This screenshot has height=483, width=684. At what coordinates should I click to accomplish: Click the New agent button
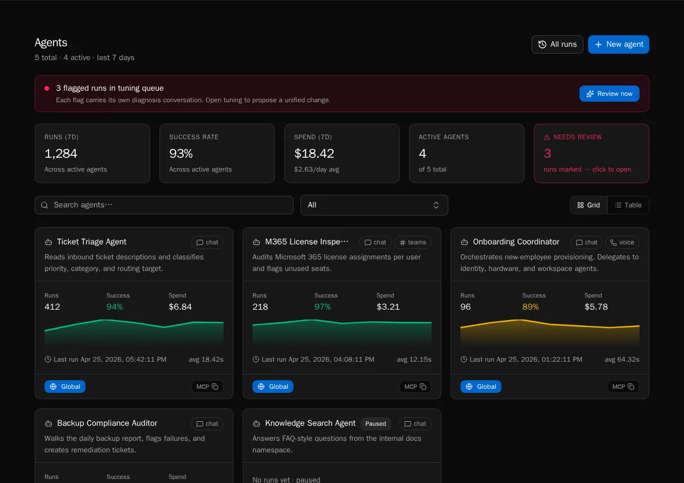point(618,44)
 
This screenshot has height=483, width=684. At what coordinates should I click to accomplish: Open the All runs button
point(557,44)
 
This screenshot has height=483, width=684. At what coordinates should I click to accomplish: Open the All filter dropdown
point(374,205)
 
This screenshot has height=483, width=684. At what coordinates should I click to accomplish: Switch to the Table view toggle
point(628,205)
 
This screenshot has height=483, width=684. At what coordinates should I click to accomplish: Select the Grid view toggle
point(589,205)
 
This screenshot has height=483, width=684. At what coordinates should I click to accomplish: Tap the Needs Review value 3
point(548,154)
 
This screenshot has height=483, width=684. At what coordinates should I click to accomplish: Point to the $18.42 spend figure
point(314,154)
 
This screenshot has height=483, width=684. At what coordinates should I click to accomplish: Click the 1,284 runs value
point(61,154)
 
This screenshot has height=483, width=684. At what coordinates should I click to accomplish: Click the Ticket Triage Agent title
point(92,241)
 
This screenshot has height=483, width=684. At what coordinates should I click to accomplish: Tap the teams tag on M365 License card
point(412,242)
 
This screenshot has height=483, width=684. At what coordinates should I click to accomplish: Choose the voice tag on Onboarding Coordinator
point(622,242)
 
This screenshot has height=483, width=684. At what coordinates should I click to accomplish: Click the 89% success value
point(530,307)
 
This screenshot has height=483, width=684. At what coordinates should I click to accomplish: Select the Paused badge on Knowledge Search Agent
point(376,423)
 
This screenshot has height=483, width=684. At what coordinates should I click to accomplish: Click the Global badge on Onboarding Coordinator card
point(481,387)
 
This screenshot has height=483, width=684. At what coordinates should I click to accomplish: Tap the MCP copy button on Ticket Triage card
point(207,387)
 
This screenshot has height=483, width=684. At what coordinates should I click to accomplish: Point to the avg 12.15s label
point(414,359)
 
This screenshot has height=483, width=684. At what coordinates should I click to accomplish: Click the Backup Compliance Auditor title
point(107,423)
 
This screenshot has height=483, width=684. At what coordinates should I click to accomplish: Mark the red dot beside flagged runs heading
point(47,88)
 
